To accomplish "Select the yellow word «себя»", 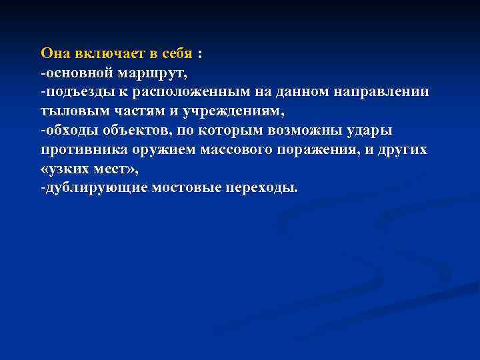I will tap(175, 53).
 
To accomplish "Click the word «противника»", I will tap(81, 149).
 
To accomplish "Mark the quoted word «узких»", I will tap(70, 169).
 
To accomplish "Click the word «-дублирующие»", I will tap(94, 188).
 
